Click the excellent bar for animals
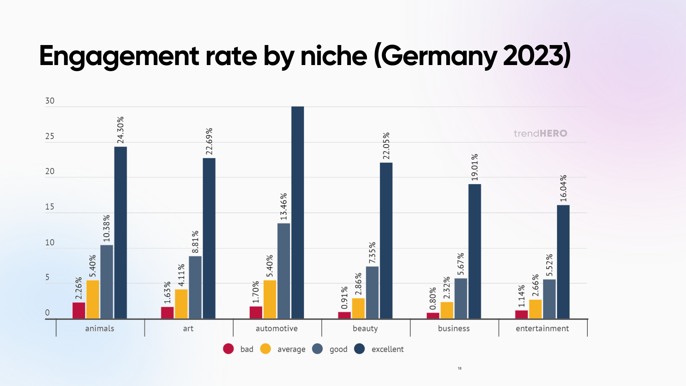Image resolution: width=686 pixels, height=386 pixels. point(120,232)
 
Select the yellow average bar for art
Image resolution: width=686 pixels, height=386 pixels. point(181,304)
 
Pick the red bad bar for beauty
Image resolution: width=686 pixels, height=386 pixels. point(344,315)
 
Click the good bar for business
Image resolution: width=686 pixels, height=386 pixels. point(461,298)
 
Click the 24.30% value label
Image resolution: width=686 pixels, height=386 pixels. point(120,130)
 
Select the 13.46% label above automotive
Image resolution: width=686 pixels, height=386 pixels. point(283,207)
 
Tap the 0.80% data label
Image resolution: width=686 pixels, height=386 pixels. point(433,298)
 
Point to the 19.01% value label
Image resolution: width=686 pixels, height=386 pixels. point(474,167)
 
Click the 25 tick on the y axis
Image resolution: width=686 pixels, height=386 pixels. point(50,136)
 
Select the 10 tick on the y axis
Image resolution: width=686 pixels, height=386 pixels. point(50,242)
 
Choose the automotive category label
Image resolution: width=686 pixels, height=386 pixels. point(277,328)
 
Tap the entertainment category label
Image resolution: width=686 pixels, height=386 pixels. point(542,328)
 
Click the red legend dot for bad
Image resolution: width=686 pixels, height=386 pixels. point(228,349)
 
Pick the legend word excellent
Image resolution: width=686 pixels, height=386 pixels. point(387,349)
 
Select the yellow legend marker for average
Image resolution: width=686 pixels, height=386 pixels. point(265,349)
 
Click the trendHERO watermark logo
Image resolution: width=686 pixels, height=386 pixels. point(541,133)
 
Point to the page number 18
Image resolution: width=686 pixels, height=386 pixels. point(459,368)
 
